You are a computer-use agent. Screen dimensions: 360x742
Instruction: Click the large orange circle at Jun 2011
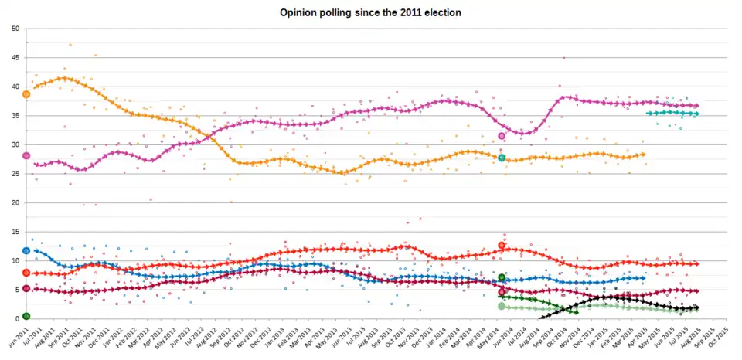tap(26, 94)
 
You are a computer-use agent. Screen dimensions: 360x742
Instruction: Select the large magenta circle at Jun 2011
tap(26, 155)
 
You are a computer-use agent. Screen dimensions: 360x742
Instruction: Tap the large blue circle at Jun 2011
tap(26, 250)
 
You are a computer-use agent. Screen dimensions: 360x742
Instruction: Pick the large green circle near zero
tap(26, 316)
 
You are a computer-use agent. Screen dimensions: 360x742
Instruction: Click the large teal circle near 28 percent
tap(502, 158)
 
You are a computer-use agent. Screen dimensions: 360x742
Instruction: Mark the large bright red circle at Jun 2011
tap(26, 273)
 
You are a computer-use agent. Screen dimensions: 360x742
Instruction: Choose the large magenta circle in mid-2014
tap(502, 136)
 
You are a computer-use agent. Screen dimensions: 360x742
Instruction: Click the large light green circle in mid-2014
tap(502, 307)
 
